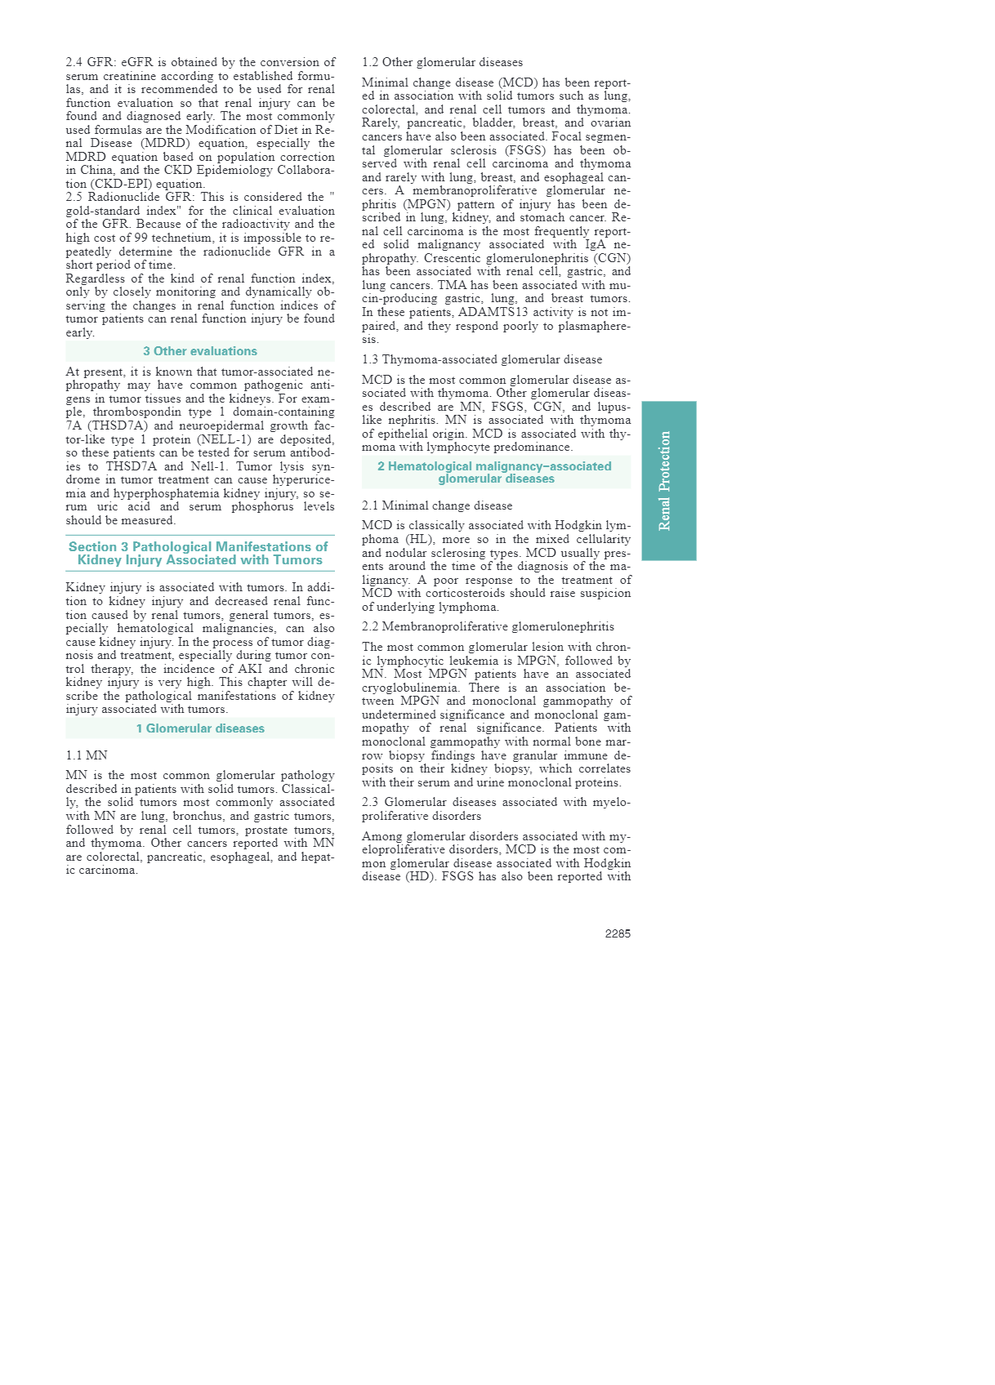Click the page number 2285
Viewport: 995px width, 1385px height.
pos(617,933)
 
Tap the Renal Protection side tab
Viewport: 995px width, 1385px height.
pos(668,480)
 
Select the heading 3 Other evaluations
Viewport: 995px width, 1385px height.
pos(199,351)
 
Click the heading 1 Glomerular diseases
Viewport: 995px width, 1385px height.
pos(199,728)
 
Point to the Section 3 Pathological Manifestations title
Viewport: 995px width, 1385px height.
pos(199,553)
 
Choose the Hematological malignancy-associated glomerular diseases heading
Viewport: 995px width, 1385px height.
pos(495,472)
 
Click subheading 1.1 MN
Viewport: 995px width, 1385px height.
pos(86,755)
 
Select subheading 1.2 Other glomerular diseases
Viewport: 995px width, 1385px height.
pos(442,62)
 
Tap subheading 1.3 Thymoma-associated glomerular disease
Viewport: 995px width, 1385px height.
pos(481,359)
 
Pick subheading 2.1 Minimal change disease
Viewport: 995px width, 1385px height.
pos(437,505)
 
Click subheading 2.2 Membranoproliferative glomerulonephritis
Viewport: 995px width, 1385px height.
pos(488,626)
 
